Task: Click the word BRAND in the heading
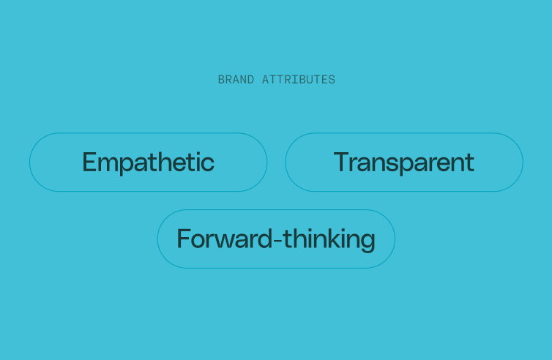[236, 80]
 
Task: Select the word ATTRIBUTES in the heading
[299, 80]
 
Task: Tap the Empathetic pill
[148, 162]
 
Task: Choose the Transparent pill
[403, 162]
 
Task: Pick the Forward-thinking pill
[276, 239]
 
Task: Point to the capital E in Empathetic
[90, 162]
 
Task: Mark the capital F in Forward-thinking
[184, 239]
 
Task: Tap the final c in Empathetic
[208, 164]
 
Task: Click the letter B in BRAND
[221, 80]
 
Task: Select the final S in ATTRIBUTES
[332, 80]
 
